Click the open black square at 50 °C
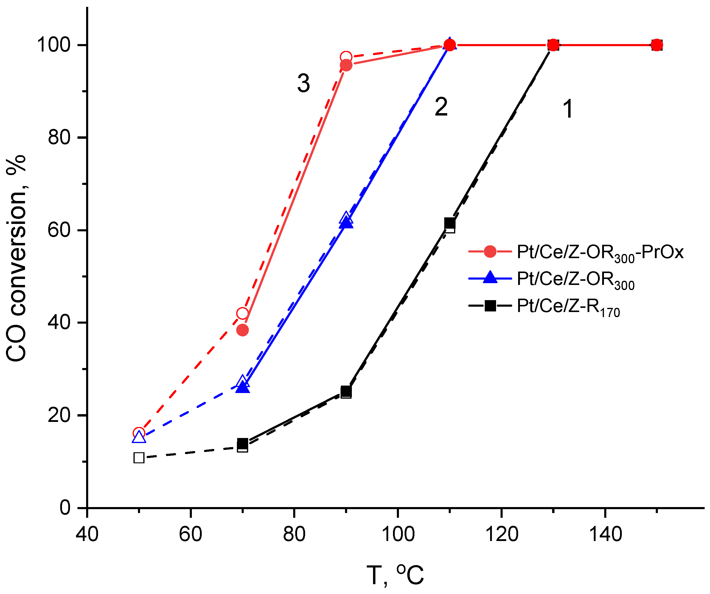coord(139,458)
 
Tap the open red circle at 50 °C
coord(139,433)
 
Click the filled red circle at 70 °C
coord(243,330)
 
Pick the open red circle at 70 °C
coord(243,314)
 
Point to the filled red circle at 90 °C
coord(346,65)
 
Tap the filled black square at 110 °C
coord(450,223)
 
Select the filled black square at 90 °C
coord(346,391)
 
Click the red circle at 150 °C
coord(657,45)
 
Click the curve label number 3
coord(303,83)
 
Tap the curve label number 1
coord(568,109)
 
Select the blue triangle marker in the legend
coord(490,278)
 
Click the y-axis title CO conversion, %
coord(16,258)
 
